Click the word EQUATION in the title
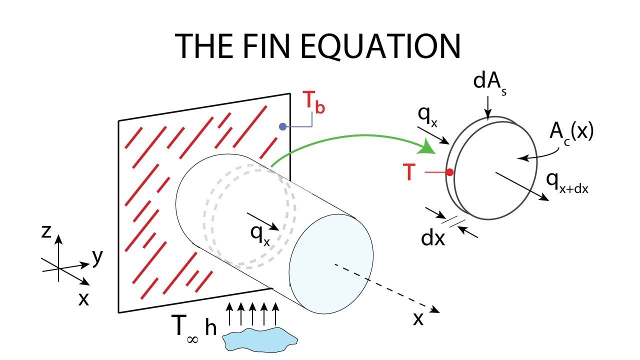coord(380,47)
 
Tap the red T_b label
coord(314,102)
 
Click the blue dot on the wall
coord(282,127)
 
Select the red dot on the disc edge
coord(449,172)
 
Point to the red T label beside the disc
coord(409,172)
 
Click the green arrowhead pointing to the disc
coord(427,147)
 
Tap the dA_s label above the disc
coord(489,82)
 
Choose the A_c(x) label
coord(571,133)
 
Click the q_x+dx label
coord(567,183)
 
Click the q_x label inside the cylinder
coord(260,236)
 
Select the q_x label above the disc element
coord(427,117)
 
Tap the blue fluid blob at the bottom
coord(260,339)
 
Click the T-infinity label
coord(185,328)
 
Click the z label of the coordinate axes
coord(46,232)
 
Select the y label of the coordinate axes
coord(97,257)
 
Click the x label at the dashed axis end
coord(418,319)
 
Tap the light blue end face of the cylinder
coord(331,263)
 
